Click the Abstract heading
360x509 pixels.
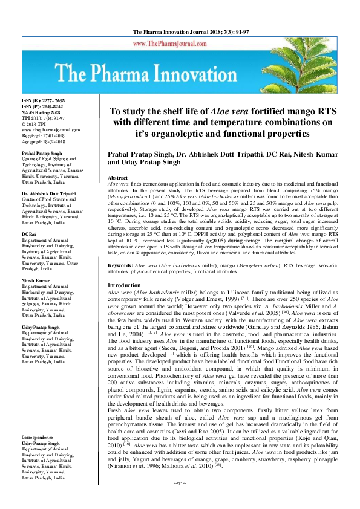click(118, 178)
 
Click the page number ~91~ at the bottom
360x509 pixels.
click(180, 500)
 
